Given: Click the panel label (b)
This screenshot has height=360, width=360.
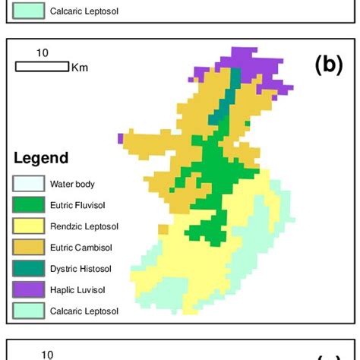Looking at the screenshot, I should pos(328,65).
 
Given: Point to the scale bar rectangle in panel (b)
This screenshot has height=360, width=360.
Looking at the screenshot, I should pos(42,67).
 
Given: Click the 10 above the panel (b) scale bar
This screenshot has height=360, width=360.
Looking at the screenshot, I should pos(43,52).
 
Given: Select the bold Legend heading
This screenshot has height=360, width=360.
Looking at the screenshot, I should pos(41,159).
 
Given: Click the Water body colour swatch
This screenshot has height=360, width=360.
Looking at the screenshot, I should pos(27,184).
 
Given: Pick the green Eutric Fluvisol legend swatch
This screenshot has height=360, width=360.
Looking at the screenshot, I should pos(27,205).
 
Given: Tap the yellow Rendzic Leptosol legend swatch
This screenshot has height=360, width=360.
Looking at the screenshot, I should pos(27,226).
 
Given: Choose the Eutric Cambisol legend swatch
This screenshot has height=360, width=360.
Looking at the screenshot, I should pos(27,248).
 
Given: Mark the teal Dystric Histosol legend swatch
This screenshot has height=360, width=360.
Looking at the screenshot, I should pos(27,269).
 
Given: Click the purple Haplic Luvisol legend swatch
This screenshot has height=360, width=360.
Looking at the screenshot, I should pos(27,290).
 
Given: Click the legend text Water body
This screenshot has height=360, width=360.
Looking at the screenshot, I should pos(73,184).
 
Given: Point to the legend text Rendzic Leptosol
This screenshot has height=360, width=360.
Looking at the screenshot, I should pos(84,226).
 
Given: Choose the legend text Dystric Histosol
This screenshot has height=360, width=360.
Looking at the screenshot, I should pos(81,269).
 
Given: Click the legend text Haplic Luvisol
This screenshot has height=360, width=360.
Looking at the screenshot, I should pos(77,290).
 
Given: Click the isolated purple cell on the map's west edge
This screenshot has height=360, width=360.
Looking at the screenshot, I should pos(121,137).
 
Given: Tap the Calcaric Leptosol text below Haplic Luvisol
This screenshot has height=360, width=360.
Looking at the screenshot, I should pos(84,311).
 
